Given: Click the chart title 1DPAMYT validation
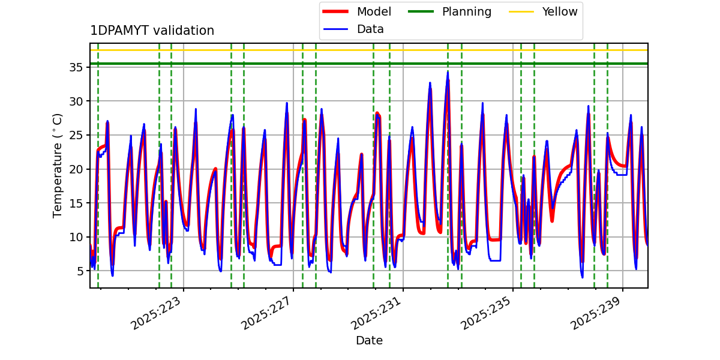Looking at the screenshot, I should click(x=152, y=31).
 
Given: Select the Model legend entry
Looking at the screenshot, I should click(x=373, y=11).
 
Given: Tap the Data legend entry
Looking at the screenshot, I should click(x=370, y=29).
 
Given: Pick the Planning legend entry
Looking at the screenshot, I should click(x=466, y=11).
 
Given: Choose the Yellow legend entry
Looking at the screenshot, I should click(x=559, y=11).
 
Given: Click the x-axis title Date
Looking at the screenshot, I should click(x=369, y=341).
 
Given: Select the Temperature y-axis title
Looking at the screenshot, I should click(x=58, y=165).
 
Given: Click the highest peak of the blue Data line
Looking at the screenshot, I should click(x=448, y=71).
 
